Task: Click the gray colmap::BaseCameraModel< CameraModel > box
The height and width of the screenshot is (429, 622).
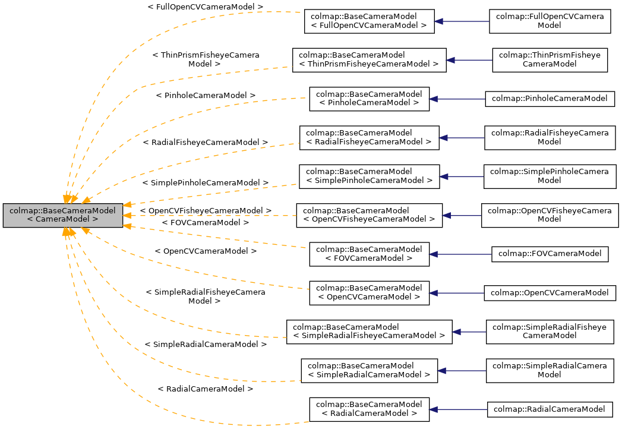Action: [x=62, y=215]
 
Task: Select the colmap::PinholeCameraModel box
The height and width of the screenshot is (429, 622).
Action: [x=550, y=99]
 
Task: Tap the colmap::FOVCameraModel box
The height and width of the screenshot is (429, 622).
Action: [x=550, y=254]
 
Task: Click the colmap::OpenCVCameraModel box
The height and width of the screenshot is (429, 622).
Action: [x=550, y=293]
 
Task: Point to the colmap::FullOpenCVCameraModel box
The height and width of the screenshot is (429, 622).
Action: [x=550, y=21]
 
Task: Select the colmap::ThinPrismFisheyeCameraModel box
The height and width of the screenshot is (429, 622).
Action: [x=550, y=60]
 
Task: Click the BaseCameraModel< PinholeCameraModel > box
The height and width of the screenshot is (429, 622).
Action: [x=369, y=99]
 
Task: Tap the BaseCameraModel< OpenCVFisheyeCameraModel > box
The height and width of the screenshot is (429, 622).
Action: [x=369, y=215]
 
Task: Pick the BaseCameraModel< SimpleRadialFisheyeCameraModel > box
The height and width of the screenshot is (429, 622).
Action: [x=369, y=332]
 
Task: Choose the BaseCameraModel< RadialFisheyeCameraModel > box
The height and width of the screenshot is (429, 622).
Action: [x=369, y=138]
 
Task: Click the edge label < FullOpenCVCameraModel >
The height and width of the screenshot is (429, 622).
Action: [x=206, y=7]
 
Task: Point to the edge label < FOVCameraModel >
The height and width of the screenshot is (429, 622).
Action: [x=206, y=222]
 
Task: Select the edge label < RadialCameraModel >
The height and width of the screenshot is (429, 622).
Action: [x=206, y=389]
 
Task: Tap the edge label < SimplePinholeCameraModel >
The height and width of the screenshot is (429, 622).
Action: [x=206, y=183]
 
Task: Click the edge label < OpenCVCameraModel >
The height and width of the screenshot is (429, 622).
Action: [x=206, y=251]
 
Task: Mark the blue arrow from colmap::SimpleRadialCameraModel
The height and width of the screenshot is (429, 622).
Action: [x=462, y=371]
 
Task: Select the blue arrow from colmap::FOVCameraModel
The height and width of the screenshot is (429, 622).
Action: [x=460, y=254]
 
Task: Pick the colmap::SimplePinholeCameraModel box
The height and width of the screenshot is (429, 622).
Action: [x=550, y=176]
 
